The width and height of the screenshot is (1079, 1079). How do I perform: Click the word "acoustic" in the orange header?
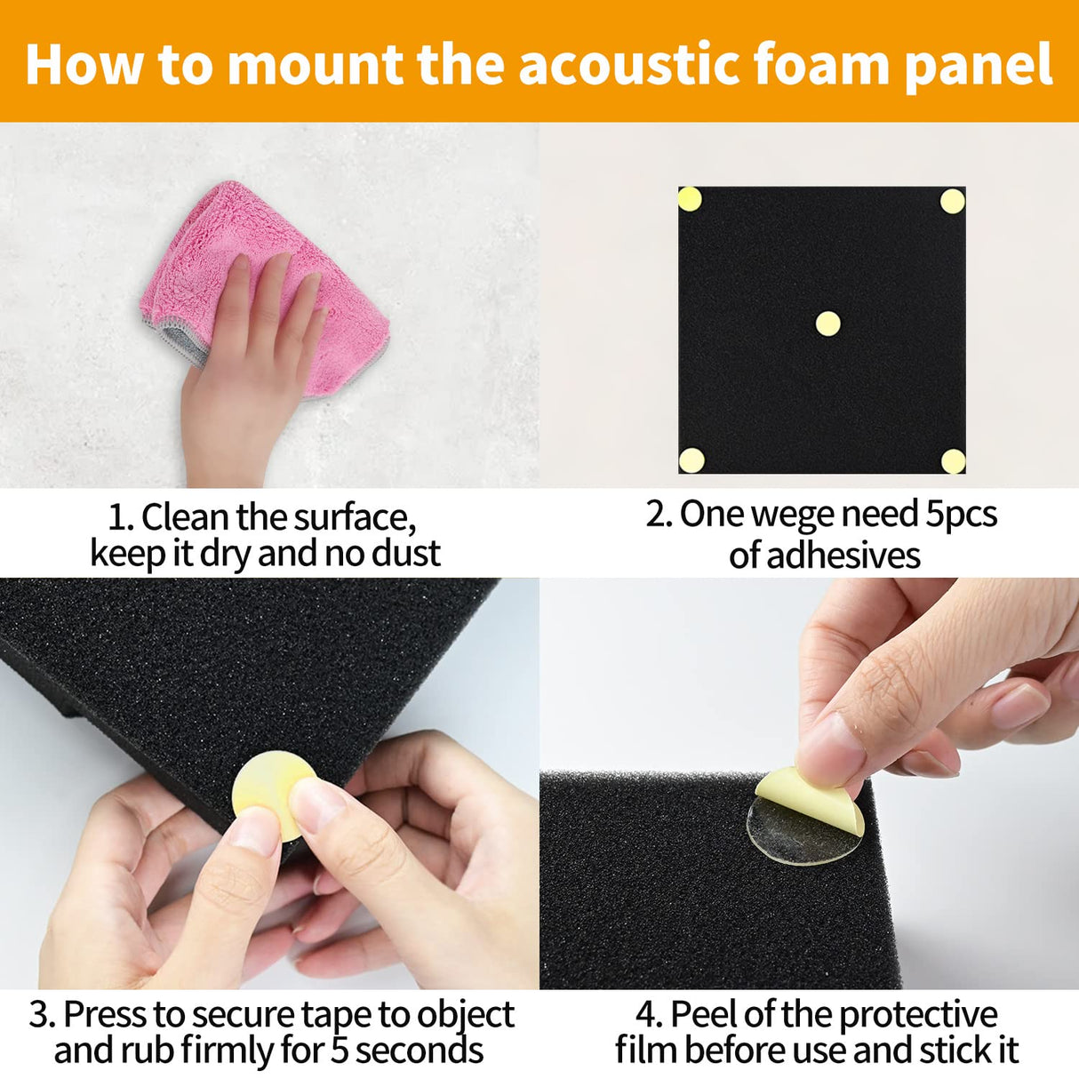pyautogui.click(x=629, y=64)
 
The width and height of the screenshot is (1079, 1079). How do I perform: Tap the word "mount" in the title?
pyautogui.click(x=315, y=64)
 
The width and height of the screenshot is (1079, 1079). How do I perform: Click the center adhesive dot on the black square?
pyautogui.click(x=827, y=324)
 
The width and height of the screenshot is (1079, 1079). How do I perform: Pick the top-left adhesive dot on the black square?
pyautogui.click(x=691, y=199)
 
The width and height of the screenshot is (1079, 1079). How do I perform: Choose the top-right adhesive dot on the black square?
pyautogui.click(x=953, y=201)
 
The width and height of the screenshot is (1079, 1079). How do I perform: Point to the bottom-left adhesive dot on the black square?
pyautogui.click(x=691, y=460)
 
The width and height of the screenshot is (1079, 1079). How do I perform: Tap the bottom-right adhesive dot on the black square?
pyautogui.click(x=953, y=461)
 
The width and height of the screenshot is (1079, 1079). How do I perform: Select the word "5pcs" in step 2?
pyautogui.click(x=961, y=515)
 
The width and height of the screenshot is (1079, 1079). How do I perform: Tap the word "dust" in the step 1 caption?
pyautogui.click(x=405, y=553)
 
